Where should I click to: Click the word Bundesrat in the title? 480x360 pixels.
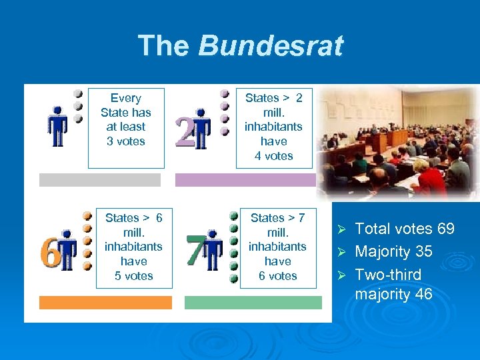coord(270,46)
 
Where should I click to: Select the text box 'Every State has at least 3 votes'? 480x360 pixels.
coord(126,120)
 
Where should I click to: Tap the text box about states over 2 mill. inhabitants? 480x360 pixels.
coord(273,127)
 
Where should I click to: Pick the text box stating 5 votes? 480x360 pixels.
coord(134,247)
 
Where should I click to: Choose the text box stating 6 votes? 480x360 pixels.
coord(277,247)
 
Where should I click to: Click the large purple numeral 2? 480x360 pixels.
coord(184,131)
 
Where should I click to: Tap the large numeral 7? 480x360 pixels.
coord(195,251)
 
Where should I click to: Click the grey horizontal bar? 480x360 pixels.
coord(100,180)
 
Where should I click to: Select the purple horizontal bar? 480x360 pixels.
coord(245,180)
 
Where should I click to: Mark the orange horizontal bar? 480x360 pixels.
coord(105,303)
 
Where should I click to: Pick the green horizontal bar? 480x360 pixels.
coord(253,303)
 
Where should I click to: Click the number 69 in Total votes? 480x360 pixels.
coord(445,229)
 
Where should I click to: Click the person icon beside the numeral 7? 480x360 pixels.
coord(213,251)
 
